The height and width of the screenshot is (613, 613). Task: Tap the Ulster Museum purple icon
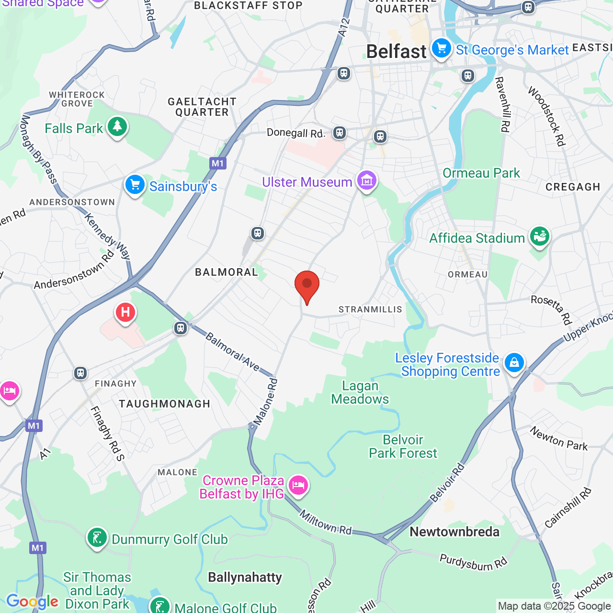pyautogui.click(x=367, y=181)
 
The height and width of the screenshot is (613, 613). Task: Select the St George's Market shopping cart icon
pyautogui.click(x=441, y=48)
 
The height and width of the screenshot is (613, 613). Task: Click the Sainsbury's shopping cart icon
pyautogui.click(x=135, y=185)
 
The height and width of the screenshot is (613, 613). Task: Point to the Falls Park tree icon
pyautogui.click(x=117, y=127)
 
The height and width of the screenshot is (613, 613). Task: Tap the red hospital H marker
pyautogui.click(x=125, y=313)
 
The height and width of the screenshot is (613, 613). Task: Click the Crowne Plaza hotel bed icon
pyautogui.click(x=298, y=486)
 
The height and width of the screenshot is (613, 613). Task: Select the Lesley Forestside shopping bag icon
pyautogui.click(x=514, y=363)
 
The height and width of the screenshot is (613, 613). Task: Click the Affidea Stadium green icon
pyautogui.click(x=540, y=237)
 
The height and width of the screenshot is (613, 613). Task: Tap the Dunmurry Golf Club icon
pyautogui.click(x=97, y=538)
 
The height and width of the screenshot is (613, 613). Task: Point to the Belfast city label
pyautogui.click(x=396, y=52)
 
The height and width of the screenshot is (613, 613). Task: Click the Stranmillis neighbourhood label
pyautogui.click(x=370, y=309)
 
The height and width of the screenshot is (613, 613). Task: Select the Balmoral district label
pyautogui.click(x=227, y=272)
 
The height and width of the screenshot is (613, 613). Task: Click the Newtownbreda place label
pyautogui.click(x=454, y=532)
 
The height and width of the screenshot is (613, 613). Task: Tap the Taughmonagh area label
pyautogui.click(x=165, y=404)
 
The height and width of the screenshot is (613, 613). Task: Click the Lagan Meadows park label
pyautogui.click(x=360, y=392)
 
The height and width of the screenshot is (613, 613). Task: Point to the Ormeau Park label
pyautogui.click(x=481, y=173)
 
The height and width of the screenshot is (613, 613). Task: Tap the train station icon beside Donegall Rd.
pyautogui.click(x=340, y=133)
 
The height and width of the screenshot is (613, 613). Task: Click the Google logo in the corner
pyautogui.click(x=32, y=602)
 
